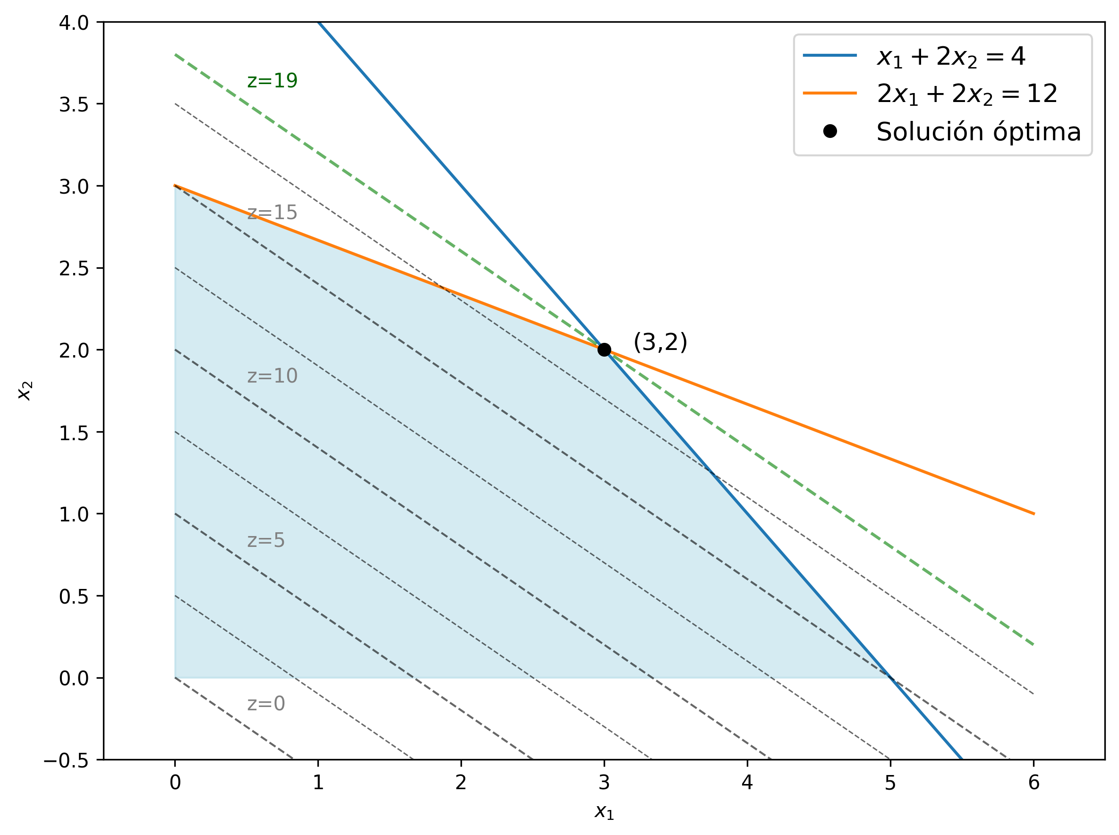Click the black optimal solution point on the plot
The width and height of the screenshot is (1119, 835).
click(x=604, y=350)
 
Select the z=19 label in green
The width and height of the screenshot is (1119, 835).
click(x=272, y=80)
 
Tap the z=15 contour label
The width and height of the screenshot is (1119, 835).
click(x=272, y=212)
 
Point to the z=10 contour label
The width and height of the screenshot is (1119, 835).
click(x=272, y=375)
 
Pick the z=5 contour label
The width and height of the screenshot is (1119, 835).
click(x=266, y=540)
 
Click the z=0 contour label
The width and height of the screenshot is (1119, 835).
click(x=266, y=704)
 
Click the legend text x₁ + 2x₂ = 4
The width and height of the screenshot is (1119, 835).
click(x=951, y=56)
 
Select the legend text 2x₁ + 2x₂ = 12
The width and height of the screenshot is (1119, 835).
click(x=966, y=94)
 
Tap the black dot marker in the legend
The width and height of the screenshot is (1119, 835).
click(x=830, y=131)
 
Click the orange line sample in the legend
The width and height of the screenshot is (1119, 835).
click(x=830, y=93)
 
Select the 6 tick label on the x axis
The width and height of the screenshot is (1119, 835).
click(x=1034, y=783)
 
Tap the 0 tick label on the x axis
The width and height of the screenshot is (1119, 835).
click(x=175, y=783)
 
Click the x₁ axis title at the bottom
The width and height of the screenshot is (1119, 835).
click(x=604, y=812)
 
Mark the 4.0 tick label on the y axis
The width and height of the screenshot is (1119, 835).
click(x=74, y=23)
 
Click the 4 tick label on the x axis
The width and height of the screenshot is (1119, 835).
click(x=747, y=783)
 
